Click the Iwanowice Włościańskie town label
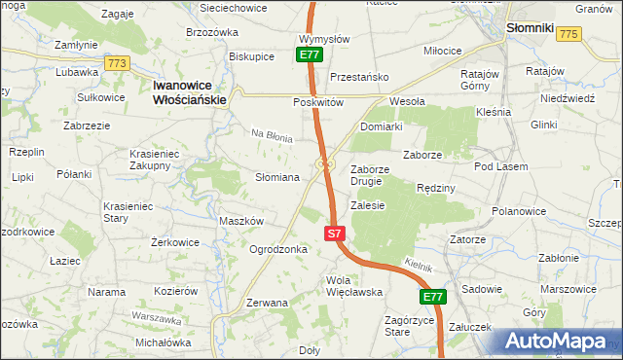click(x=190, y=92)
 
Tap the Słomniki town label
click(x=530, y=29)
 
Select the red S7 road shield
click(x=334, y=234)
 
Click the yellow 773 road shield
click(x=118, y=63)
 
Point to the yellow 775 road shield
click(x=569, y=34)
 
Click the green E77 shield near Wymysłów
click(x=309, y=55)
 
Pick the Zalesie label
click(x=368, y=205)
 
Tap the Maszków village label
click(x=241, y=221)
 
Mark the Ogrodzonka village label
click(x=278, y=249)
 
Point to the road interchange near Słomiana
click(x=326, y=164)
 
